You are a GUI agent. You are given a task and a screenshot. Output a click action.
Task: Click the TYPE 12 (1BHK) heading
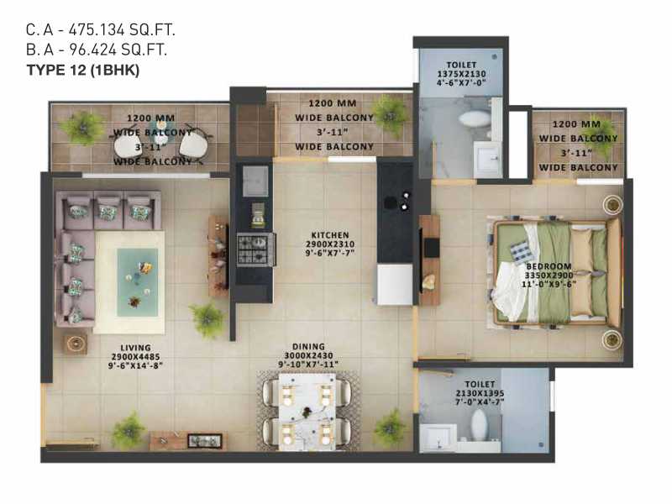coord(83,70)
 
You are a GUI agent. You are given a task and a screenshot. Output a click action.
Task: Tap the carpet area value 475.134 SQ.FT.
coord(122,29)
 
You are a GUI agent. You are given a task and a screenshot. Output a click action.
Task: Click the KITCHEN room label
coord(330,235)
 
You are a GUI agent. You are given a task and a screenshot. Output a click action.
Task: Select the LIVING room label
coord(135,348)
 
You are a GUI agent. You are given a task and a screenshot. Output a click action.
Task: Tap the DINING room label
coord(308,347)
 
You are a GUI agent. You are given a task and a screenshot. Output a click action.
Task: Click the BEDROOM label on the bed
coord(549,266)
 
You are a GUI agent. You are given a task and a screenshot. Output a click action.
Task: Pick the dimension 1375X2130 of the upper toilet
coord(461,74)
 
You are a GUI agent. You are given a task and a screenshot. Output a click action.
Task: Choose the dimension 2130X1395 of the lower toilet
coord(480,393)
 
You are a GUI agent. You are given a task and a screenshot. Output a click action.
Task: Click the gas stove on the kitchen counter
coord(256,249)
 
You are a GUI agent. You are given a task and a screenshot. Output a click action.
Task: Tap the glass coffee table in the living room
coord(138,282)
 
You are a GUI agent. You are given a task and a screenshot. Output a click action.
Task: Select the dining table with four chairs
coord(307,412)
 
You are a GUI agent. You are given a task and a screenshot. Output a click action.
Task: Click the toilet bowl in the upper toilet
coord(474,118)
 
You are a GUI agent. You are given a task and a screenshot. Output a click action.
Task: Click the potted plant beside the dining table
coord(389,428)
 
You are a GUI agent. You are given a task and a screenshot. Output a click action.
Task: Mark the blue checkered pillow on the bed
coord(519,252)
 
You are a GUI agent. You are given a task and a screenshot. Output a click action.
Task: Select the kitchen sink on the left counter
coord(255,181)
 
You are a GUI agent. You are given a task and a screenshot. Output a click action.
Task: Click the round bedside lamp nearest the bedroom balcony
coord(612,204)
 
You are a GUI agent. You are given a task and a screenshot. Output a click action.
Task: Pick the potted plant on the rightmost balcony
coord(602,134)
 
